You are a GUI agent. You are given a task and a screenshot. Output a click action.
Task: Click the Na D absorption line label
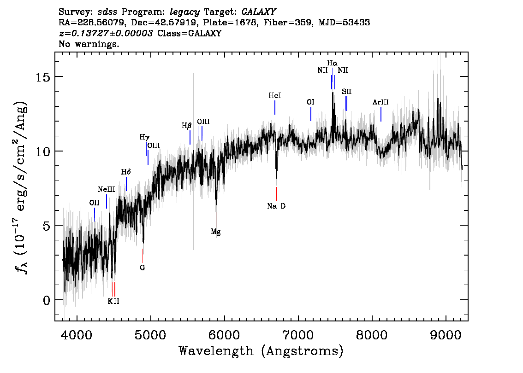pos(276,206)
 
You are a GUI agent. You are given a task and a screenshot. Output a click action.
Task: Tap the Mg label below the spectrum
pos(216,232)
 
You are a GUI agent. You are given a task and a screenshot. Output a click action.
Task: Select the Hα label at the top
pos(332,63)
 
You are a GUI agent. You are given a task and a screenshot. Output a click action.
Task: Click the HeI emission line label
pos(275,96)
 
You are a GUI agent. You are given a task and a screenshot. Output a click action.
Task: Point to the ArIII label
pos(380,102)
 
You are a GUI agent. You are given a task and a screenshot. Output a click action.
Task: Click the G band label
pos(143,267)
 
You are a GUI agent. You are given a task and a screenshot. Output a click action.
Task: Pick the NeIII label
pos(106,189)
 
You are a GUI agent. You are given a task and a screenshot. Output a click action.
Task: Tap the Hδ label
pos(126,172)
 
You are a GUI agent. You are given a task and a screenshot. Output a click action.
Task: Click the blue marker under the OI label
pos(311,114)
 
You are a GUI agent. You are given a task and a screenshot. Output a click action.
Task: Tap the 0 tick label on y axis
pos(46,300)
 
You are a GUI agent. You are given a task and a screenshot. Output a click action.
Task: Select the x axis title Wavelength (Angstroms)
pos(261,351)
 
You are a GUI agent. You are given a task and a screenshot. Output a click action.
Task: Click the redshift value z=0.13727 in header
pos(106,33)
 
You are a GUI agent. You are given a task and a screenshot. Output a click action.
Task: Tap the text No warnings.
pos(89,44)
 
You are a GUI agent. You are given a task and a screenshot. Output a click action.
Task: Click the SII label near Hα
pos(347,92)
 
